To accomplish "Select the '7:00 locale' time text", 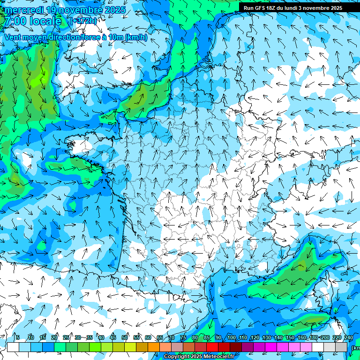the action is pos(32,21).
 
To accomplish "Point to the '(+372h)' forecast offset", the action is pos(82,21).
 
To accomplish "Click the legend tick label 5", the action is pos(18,337).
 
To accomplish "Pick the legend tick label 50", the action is pos(125,337).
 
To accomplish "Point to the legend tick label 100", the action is pos(231,337).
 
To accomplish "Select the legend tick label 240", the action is pos(348,337).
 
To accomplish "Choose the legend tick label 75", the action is pos(183,337).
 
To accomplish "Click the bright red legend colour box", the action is pos(212,347).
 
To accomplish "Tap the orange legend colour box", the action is pos(154,347).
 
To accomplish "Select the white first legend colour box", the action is pos(13,347).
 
